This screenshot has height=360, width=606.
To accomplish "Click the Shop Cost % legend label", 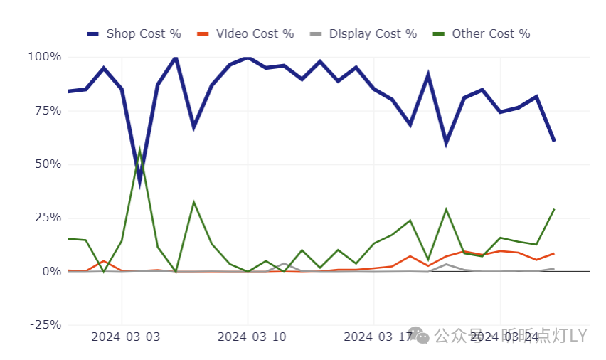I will click(x=143, y=33).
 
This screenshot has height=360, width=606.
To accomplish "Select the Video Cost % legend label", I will click(x=255, y=33).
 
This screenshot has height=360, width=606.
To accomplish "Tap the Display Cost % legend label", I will click(x=373, y=33).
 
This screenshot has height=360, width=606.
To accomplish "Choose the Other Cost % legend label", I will click(x=491, y=33).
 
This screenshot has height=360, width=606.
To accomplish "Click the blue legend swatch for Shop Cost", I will click(x=93, y=33).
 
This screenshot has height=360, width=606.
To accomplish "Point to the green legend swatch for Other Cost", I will click(x=439, y=33).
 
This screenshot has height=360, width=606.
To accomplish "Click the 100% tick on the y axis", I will click(x=44, y=57).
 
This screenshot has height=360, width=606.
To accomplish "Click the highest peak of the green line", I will click(x=140, y=151).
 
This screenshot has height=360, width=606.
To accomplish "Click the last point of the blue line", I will click(x=554, y=141).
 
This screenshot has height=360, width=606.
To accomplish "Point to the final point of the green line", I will click(x=554, y=209).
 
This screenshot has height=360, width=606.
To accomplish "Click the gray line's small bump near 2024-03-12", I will click(x=284, y=263).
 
